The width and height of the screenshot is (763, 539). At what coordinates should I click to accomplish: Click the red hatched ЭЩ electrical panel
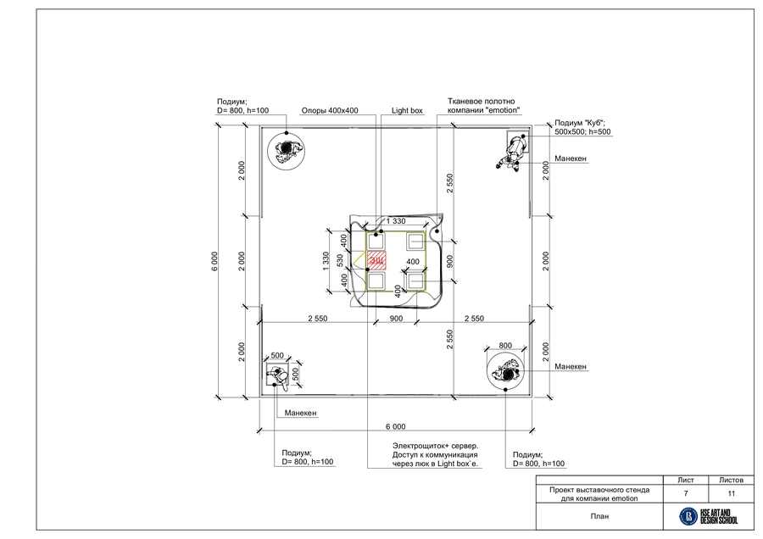[376, 260]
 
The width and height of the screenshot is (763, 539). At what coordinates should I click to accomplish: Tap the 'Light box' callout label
[407, 110]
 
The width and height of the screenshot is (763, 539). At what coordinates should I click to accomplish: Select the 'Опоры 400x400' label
[330, 110]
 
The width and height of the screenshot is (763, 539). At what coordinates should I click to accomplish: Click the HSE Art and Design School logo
[709, 516]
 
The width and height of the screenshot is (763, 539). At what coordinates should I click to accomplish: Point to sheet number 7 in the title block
[686, 493]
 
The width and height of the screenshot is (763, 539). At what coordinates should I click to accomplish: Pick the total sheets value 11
[731, 493]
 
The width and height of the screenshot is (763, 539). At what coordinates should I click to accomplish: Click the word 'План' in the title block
[599, 516]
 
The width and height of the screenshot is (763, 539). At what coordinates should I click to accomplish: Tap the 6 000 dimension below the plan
[396, 426]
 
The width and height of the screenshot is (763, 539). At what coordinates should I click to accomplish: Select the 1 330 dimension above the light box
[396, 221]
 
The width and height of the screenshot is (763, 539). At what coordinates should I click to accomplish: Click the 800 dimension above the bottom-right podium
[505, 346]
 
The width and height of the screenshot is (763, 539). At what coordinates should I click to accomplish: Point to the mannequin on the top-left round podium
[286, 150]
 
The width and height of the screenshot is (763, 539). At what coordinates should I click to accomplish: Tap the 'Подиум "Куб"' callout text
[582, 127]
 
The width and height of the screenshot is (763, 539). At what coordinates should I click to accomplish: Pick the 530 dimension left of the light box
[341, 260]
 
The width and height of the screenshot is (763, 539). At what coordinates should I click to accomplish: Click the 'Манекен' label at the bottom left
[300, 413]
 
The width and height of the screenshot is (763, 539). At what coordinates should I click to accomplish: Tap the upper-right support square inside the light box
[416, 242]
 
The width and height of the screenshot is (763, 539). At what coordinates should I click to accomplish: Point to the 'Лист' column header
[686, 480]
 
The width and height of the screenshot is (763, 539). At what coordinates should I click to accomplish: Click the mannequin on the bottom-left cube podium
[276, 376]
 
